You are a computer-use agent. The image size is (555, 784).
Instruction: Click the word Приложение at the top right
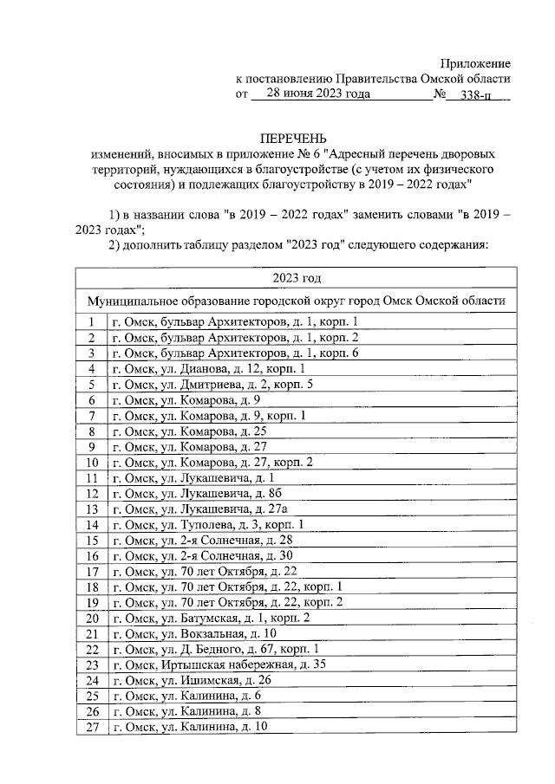click(475, 63)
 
